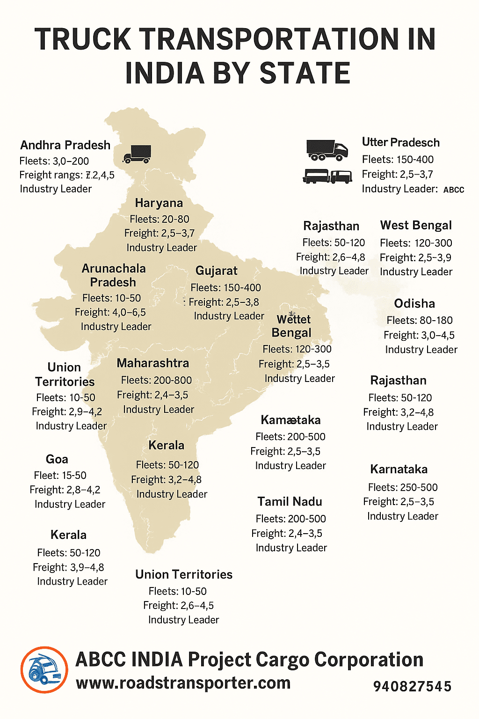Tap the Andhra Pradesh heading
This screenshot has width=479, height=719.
pos(65,145)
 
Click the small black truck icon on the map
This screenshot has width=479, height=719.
pos(137,154)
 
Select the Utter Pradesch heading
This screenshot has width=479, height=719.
pos(400,142)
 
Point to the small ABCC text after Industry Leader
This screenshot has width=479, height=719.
pos(453,190)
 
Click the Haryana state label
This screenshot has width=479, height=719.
pos(159,203)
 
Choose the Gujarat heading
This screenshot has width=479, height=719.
pos(216,271)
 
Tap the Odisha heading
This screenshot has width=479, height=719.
pos(414,304)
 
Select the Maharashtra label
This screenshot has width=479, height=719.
pos(153,363)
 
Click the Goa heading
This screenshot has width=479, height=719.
pos(57,459)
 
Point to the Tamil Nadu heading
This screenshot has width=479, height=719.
pos(290,502)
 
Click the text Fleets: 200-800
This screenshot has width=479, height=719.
pos(156,381)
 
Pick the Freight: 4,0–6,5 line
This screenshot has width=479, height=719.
pos(110,312)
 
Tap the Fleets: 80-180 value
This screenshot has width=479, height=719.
pos(420,321)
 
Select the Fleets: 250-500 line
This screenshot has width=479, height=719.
pos(403,487)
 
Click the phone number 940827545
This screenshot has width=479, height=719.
pos(412,687)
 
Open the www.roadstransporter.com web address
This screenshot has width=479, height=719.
pos(183,683)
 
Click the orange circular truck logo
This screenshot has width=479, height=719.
pos(44,670)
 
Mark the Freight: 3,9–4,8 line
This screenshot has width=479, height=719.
pos(68,567)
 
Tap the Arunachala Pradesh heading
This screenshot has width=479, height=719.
pos(113,275)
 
